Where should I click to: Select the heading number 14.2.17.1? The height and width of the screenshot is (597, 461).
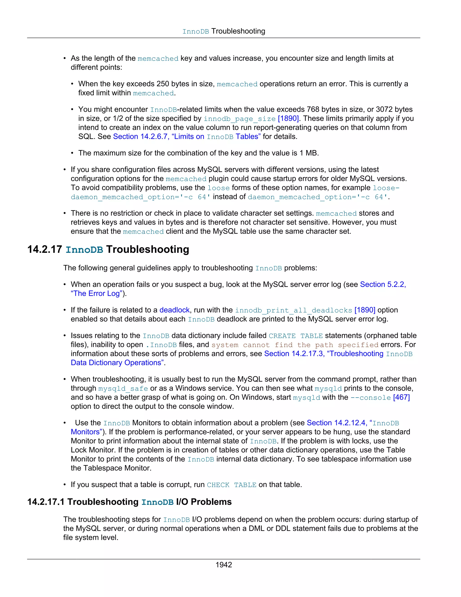[x=46, y=502]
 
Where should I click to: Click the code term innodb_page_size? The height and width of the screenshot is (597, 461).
[x=240, y=119]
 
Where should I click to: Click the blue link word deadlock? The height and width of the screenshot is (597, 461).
[x=174, y=310]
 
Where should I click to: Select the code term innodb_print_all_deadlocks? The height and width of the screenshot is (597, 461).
[x=293, y=310]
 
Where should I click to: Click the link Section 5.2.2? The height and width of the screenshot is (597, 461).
[x=383, y=285]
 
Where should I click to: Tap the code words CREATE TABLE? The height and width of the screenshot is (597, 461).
[x=296, y=336]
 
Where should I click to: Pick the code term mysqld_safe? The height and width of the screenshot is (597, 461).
[x=123, y=389]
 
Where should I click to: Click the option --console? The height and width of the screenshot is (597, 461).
[x=370, y=398]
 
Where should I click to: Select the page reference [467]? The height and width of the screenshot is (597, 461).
[x=401, y=397]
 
